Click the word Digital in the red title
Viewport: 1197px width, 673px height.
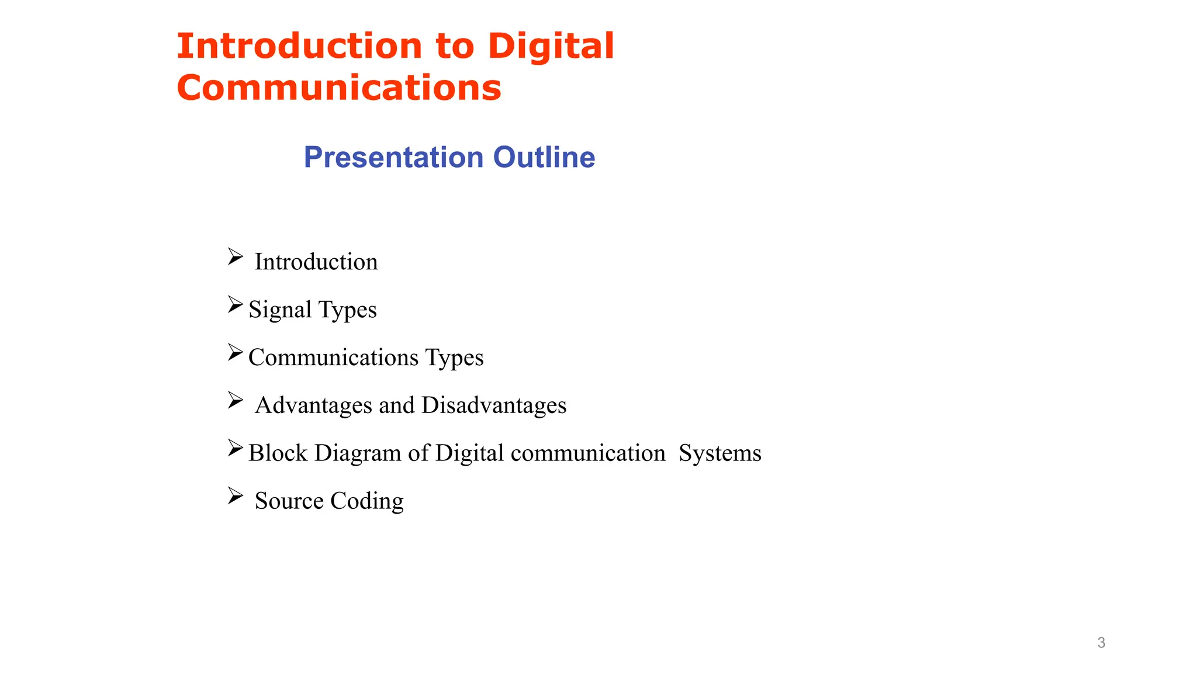point(551,46)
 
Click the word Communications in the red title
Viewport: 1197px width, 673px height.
point(339,88)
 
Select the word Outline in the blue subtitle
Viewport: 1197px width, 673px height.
point(544,157)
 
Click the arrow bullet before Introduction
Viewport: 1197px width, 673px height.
point(235,256)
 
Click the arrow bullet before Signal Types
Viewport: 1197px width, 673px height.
point(235,304)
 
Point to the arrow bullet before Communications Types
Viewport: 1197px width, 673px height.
point(235,352)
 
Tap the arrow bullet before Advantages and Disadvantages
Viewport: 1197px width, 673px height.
point(235,400)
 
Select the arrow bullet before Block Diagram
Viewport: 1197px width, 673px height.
point(235,448)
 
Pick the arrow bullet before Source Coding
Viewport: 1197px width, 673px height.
point(235,496)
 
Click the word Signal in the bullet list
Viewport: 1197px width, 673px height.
point(280,310)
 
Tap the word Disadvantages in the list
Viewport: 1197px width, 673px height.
point(494,405)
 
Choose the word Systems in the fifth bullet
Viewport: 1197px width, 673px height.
point(719,453)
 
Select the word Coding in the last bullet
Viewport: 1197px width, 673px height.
point(366,501)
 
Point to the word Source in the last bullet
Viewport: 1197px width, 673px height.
point(289,501)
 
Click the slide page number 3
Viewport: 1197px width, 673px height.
point(1101,643)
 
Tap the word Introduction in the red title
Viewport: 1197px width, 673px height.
point(300,46)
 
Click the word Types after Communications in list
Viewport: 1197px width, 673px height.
point(454,358)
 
